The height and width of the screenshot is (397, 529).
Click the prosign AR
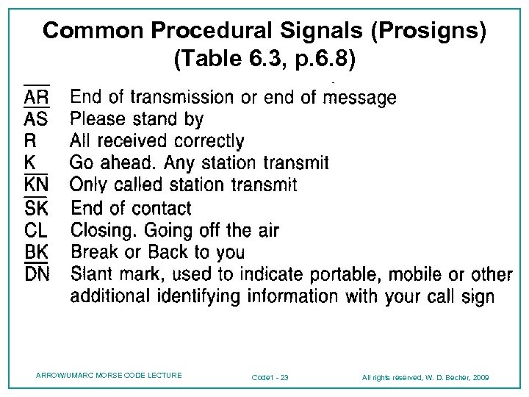[37, 97]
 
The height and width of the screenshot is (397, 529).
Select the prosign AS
[37, 119]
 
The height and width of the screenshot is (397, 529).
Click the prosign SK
[37, 208]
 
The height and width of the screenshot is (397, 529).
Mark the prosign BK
[37, 252]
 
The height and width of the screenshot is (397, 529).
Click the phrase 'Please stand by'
[137, 119]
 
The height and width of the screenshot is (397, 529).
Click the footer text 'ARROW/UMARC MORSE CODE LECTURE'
[109, 376]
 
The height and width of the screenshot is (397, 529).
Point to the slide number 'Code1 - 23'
[270, 378]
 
